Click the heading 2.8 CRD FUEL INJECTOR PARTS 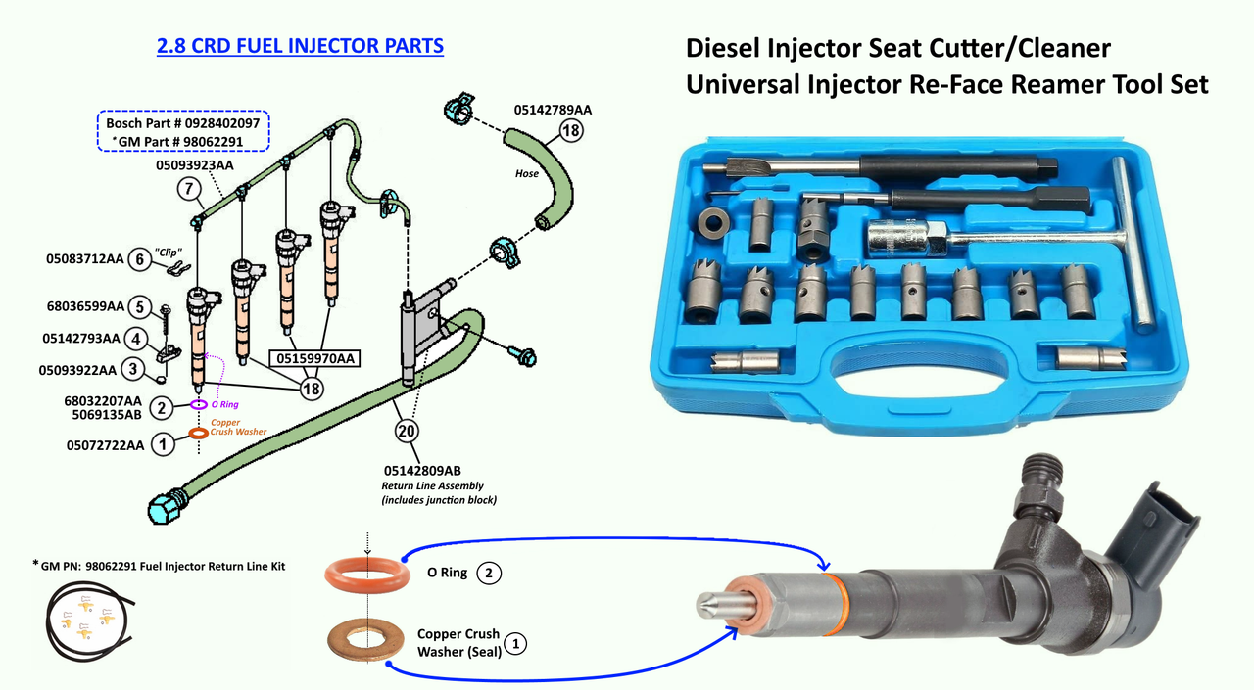coord(300,46)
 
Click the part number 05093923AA coord(195,165)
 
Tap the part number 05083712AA coord(85,259)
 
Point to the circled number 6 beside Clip coord(139,259)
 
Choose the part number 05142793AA coord(81,339)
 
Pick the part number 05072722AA coord(92,445)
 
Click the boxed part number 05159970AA coord(315,358)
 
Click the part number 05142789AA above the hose coord(553,110)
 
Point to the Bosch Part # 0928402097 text coord(182,124)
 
